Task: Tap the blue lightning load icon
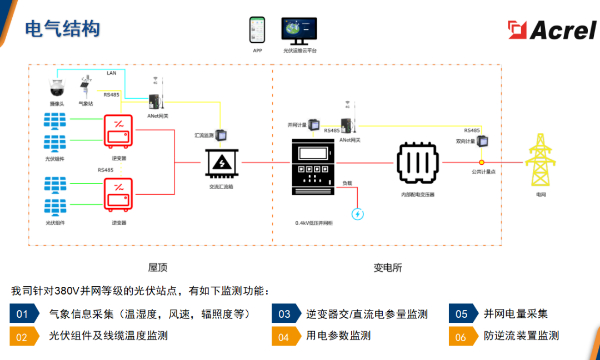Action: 358,213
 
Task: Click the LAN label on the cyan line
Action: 110,74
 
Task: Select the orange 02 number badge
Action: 21,337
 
